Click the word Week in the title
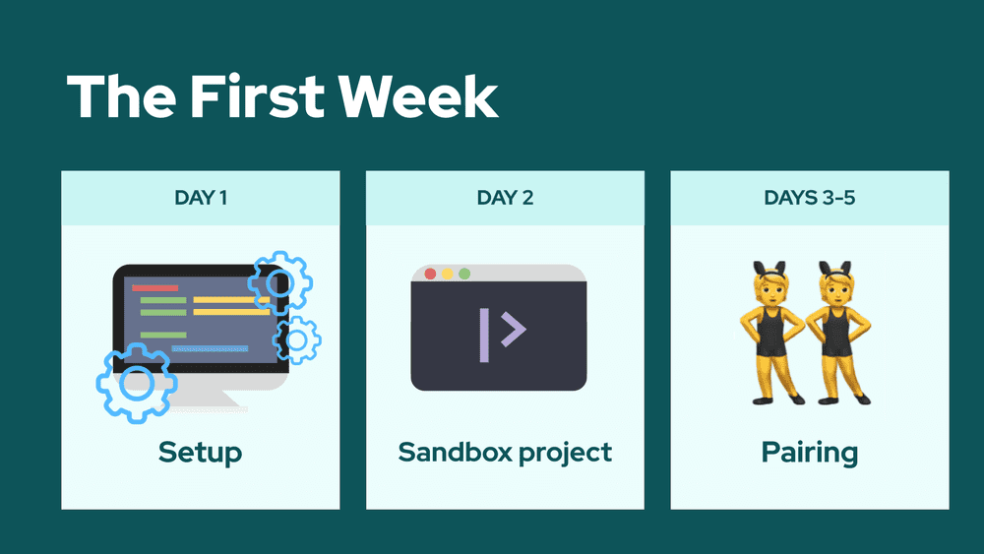click(x=418, y=96)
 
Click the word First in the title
click(x=256, y=96)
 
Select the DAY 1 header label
click(x=201, y=198)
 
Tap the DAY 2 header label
click(x=505, y=198)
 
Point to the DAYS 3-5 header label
click(x=810, y=198)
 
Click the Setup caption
click(x=200, y=453)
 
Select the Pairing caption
click(x=810, y=453)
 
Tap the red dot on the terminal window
click(x=430, y=274)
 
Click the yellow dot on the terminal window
click(x=447, y=274)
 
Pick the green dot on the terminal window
click(x=464, y=274)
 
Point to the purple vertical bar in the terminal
click(x=484, y=335)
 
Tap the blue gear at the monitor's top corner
click(x=279, y=283)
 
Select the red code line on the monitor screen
click(x=155, y=288)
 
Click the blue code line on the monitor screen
click(x=210, y=348)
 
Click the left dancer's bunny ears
click(x=770, y=270)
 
